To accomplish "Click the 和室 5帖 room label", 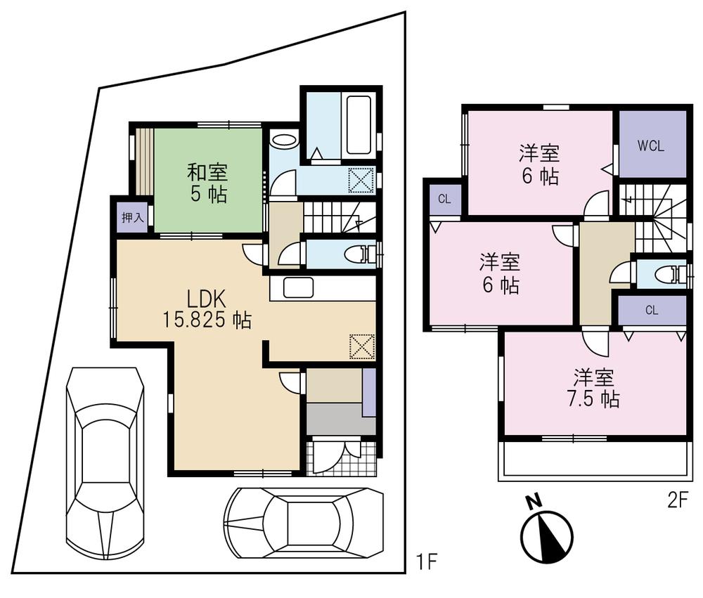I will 207,182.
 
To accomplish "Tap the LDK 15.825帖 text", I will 207,308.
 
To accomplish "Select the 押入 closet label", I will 132,217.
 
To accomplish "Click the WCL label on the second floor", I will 652,146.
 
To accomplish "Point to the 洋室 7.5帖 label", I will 595,389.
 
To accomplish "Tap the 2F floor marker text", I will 677,501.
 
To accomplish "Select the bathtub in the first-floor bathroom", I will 358,125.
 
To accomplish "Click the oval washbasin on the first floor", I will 285,141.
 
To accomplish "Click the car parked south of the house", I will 304,522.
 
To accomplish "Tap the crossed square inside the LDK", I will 362,346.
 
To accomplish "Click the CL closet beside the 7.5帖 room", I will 652,310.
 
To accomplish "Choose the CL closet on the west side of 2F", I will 444,199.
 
